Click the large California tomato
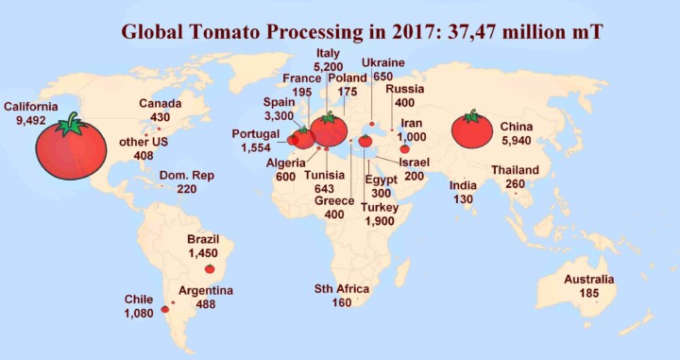tap(71, 149)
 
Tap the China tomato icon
tap(471, 130)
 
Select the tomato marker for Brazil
tap(210, 268)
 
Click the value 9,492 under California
tap(30, 120)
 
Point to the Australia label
tap(588, 280)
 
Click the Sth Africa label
tap(341, 289)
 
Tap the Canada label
tap(160, 103)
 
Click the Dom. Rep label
tap(186, 176)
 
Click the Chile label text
tap(139, 300)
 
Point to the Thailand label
tap(515, 171)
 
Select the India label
tap(463, 185)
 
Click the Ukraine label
tap(383, 63)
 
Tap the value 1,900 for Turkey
tap(382, 220)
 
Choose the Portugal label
tap(255, 134)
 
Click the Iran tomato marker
tap(405, 148)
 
